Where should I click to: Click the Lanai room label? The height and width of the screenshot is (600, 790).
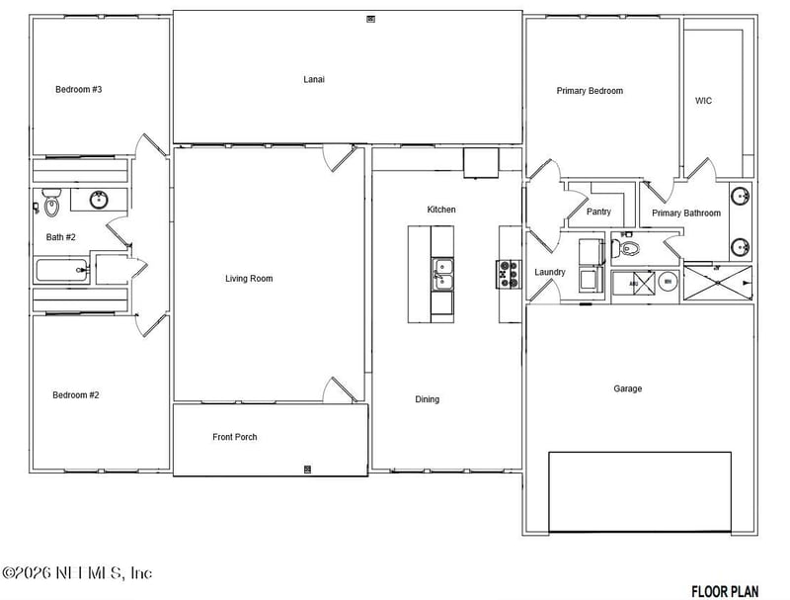pyautogui.click(x=313, y=79)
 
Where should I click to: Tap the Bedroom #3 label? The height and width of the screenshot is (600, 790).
pyautogui.click(x=78, y=90)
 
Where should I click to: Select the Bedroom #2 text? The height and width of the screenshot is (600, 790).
pyautogui.click(x=75, y=395)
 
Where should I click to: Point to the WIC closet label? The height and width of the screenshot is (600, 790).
pyautogui.click(x=703, y=101)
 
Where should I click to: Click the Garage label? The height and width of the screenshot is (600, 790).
pyautogui.click(x=627, y=388)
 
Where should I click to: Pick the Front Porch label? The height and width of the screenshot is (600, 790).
pyautogui.click(x=234, y=437)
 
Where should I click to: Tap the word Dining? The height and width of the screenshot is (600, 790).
pyautogui.click(x=427, y=399)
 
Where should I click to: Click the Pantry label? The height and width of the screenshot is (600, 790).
pyautogui.click(x=598, y=212)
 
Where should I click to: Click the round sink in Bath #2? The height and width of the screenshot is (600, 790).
pyautogui.click(x=99, y=201)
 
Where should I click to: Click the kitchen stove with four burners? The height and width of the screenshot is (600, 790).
pyautogui.click(x=508, y=274)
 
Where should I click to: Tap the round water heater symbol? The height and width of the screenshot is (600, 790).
pyautogui.click(x=668, y=283)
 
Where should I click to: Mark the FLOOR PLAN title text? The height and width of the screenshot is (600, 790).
pyautogui.click(x=725, y=591)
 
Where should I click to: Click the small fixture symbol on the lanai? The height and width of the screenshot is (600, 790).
pyautogui.click(x=371, y=18)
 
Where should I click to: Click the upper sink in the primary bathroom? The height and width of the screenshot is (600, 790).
pyautogui.click(x=740, y=196)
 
